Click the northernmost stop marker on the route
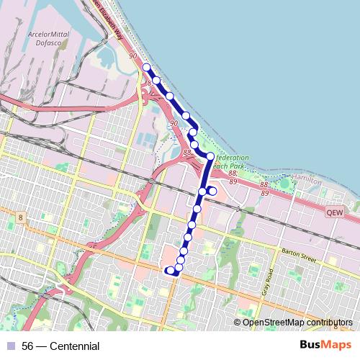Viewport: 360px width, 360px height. coord(146,67)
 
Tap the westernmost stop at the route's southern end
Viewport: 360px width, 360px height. coord(169,271)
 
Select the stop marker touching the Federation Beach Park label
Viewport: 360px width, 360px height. coord(210,156)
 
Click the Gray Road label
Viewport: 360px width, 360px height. coord(267,283)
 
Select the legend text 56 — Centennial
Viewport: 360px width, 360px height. coord(60,346)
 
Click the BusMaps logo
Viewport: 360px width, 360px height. coord(327,345)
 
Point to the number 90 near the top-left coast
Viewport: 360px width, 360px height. coord(132,55)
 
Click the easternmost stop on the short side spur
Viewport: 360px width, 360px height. coord(212,191)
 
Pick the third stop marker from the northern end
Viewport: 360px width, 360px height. coord(170,95)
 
